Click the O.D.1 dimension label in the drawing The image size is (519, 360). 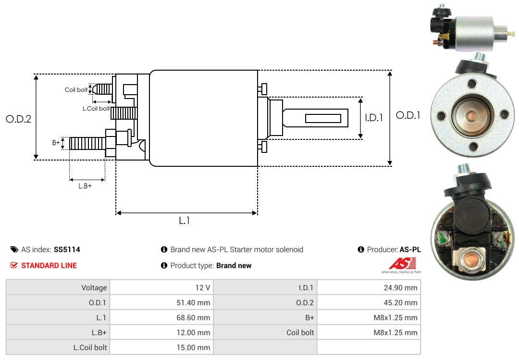[x=408, y=115]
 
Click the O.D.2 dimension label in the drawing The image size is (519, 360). [x=18, y=119]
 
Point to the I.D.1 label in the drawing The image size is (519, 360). [x=373, y=117]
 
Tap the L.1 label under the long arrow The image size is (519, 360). [x=185, y=221]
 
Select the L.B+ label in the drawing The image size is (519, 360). [x=85, y=186]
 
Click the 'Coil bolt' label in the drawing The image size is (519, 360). [x=76, y=90]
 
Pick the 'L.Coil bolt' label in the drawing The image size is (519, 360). [x=96, y=109]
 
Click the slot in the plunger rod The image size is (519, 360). [x=323, y=118]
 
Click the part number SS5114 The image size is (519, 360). [x=67, y=249]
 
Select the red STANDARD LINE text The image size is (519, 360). [x=49, y=265]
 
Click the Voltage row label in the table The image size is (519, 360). [x=94, y=288]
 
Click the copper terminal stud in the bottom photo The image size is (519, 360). [x=472, y=254]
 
